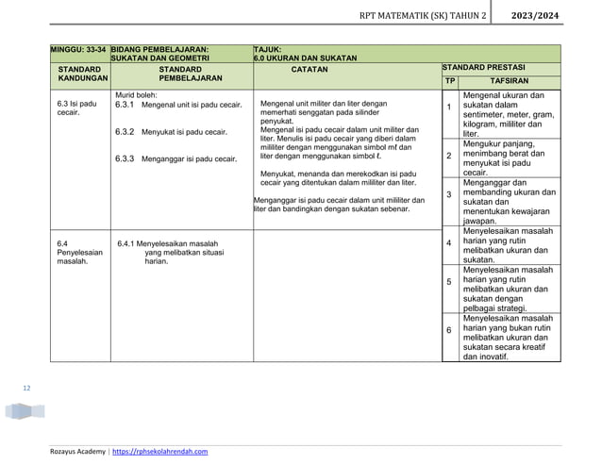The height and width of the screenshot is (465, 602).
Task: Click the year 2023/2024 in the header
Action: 557,17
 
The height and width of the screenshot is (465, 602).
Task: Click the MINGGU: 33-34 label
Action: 79,48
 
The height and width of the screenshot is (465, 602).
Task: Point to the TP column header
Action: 450,81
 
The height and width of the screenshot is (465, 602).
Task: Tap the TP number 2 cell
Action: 449,155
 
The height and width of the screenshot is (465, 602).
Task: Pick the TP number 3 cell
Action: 449,194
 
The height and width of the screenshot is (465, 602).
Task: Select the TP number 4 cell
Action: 449,243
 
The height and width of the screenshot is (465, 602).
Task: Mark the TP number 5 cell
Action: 449,282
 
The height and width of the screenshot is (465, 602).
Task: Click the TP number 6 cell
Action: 449,330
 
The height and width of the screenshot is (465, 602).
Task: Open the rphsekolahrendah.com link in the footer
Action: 160,453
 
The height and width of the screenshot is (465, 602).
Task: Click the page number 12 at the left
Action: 26,387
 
